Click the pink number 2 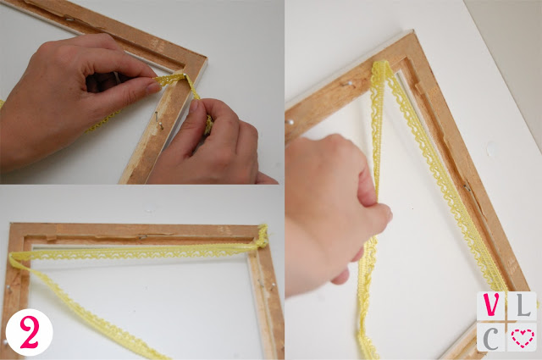29,332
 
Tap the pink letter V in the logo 491,304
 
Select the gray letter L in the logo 523,305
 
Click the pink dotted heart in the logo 523,337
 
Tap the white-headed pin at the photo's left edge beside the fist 290,122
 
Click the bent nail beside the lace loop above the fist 347,83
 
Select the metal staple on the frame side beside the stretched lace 467,188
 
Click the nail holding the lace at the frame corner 185,75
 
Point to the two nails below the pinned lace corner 158,120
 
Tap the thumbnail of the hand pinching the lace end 152,87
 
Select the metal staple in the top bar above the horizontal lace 142,237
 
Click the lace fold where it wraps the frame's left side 14,258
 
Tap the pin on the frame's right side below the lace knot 273,285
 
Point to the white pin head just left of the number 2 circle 5,342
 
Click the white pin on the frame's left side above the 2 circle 8,287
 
